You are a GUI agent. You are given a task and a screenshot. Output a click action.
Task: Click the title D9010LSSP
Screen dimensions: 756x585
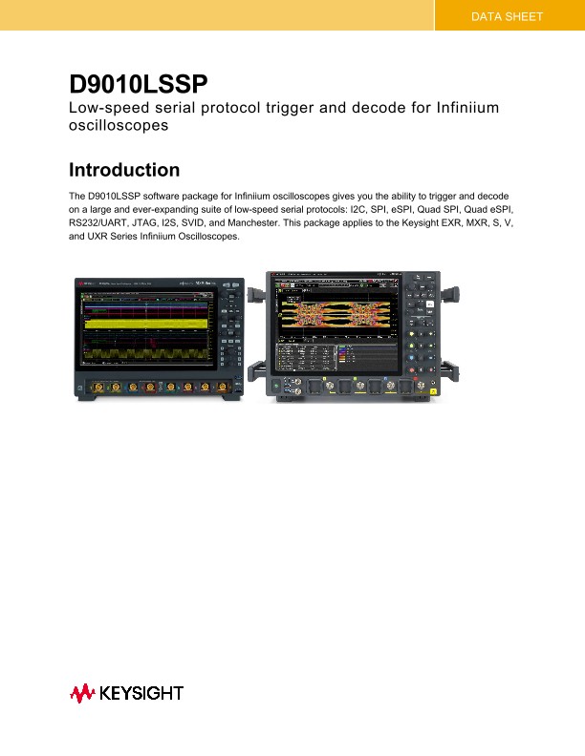point(139,86)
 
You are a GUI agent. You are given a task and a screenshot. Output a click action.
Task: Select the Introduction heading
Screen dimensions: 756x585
point(124,171)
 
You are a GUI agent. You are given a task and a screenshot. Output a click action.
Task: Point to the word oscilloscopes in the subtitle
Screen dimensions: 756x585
point(119,125)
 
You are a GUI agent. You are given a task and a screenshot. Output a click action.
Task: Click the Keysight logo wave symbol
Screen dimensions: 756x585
point(81,694)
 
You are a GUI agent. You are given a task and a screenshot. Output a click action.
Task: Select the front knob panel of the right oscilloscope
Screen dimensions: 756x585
point(420,325)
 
